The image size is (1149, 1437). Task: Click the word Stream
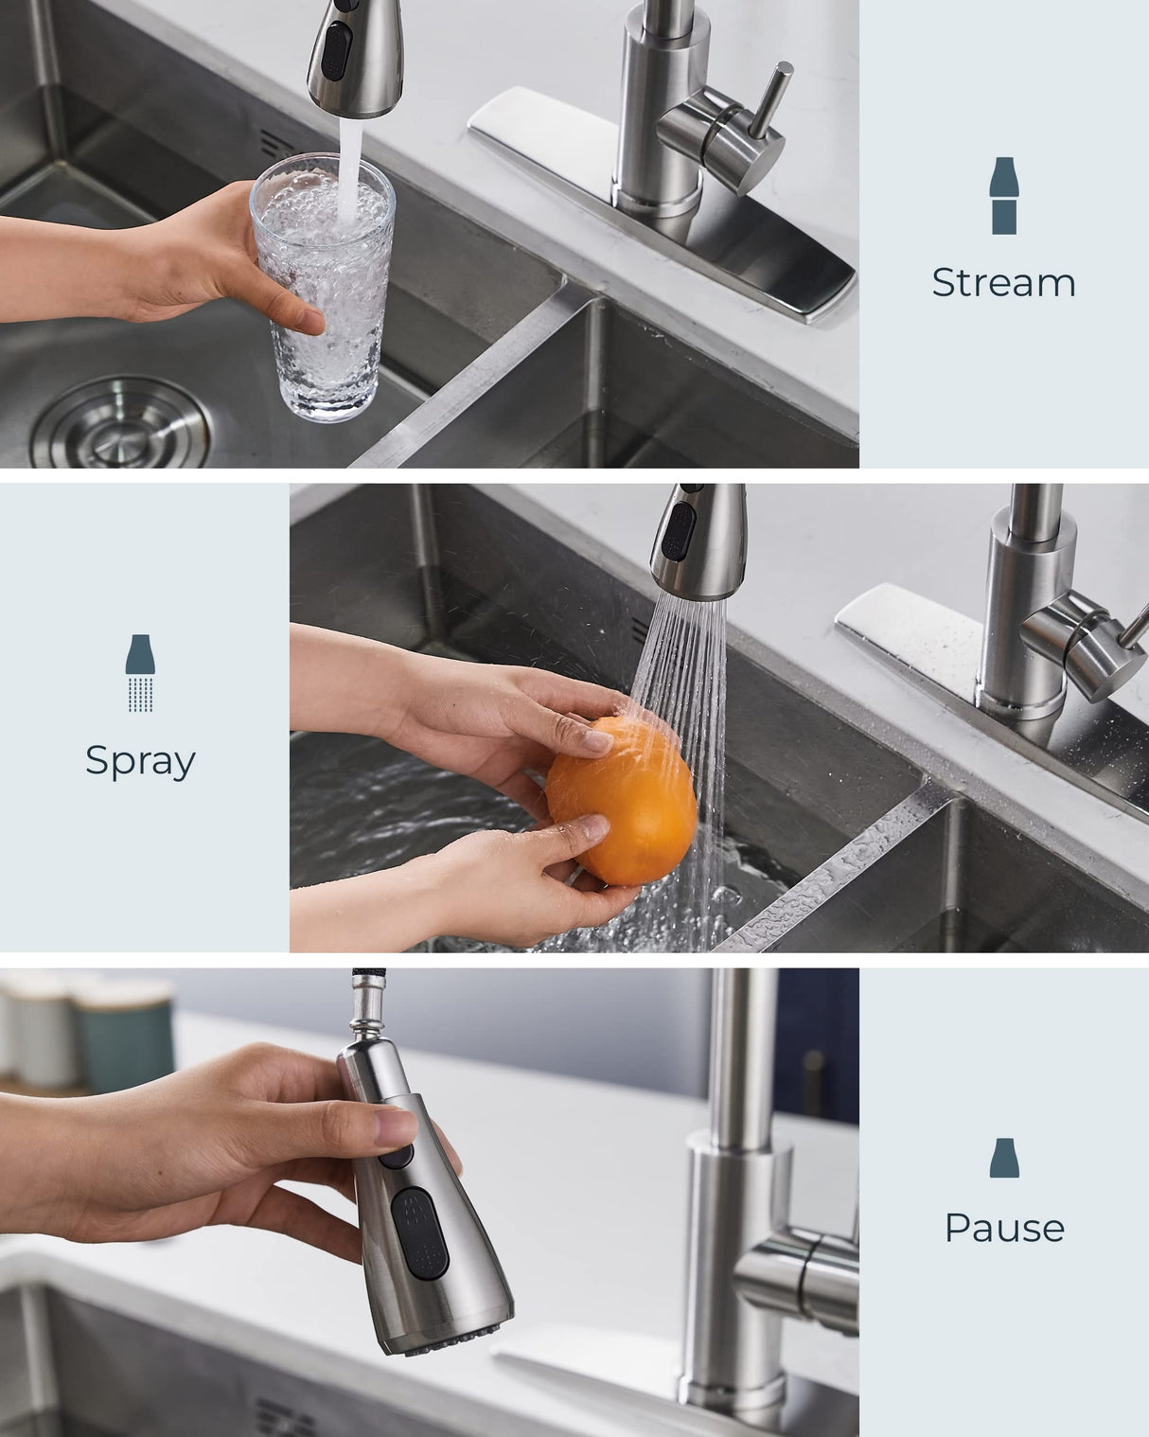point(1003,282)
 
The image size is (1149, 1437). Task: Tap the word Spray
point(140,760)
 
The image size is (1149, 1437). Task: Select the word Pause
point(1004,1228)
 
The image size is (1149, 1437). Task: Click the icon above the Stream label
point(1003,196)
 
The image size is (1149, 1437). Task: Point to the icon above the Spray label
point(140,673)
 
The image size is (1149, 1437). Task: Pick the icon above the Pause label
point(1004,1158)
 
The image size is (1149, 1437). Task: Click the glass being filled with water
point(322,284)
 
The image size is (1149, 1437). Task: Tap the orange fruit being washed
point(626,800)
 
